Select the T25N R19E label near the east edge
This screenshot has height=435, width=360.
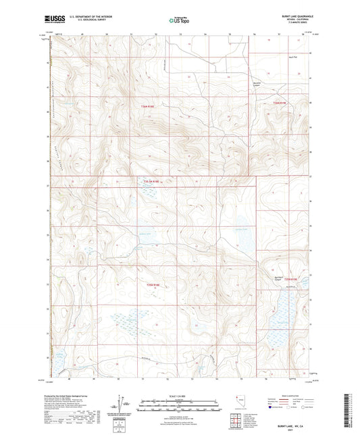point(290,278)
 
